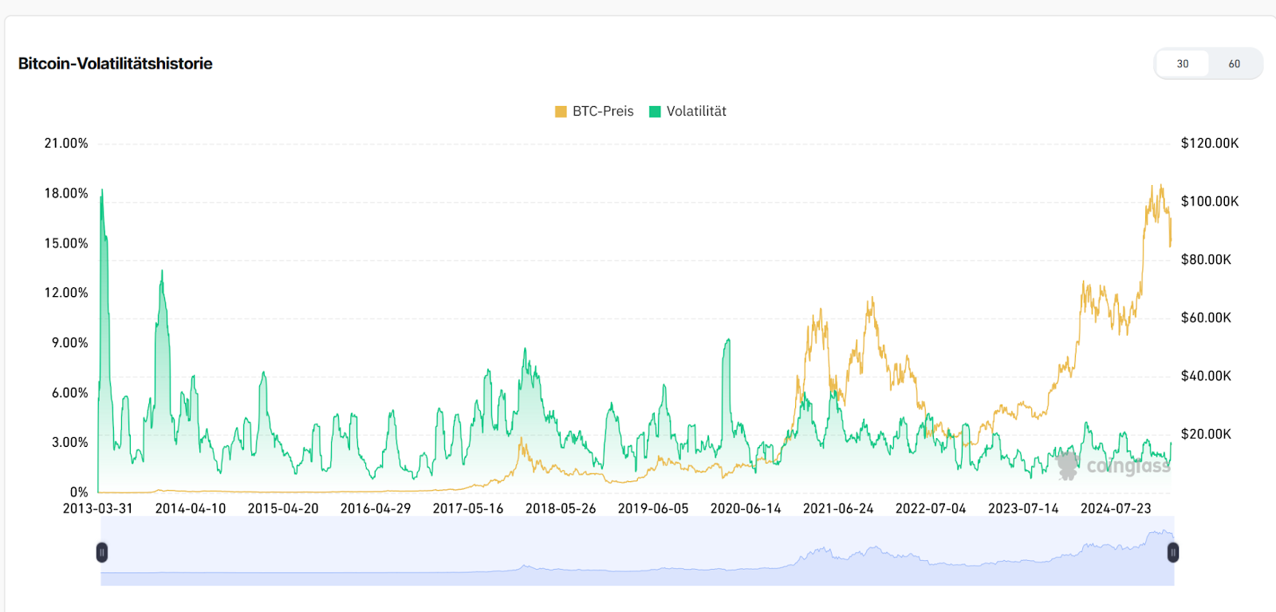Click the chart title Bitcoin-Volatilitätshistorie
[116, 64]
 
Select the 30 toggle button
[1183, 64]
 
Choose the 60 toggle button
[1234, 64]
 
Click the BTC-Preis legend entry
[595, 112]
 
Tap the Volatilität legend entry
[688, 112]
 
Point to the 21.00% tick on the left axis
[66, 144]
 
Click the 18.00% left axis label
[66, 193]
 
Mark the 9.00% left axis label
[70, 343]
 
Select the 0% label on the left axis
[79, 492]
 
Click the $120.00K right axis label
[1210, 144]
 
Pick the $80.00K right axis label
[1206, 259]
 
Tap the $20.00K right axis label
[1206, 434]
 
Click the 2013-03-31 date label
[98, 509]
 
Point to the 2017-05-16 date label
[468, 509]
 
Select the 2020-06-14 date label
[746, 509]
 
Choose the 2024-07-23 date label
[1116, 509]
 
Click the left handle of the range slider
[102, 552]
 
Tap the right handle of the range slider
[1173, 552]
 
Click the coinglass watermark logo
[1113, 466]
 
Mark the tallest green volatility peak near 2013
[101, 191]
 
